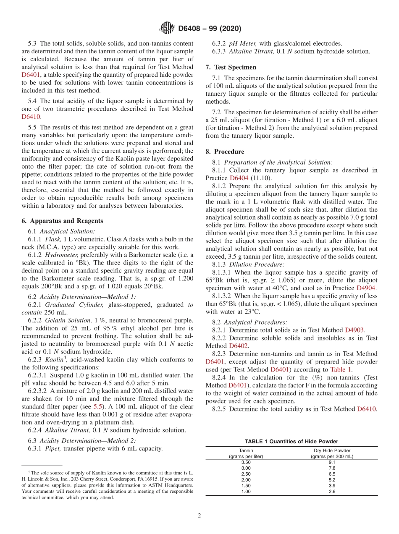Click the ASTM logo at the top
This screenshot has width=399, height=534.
[x=167, y=29]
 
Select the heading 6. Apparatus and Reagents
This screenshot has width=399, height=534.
[x=62, y=221]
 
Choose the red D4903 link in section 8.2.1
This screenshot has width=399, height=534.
[x=354, y=330]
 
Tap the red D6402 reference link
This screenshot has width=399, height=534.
[x=239, y=346]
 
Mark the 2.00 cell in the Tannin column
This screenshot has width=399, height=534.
[x=246, y=480]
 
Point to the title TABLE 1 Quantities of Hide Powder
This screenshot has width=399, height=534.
[x=291, y=441]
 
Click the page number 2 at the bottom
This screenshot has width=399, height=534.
[x=199, y=516]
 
